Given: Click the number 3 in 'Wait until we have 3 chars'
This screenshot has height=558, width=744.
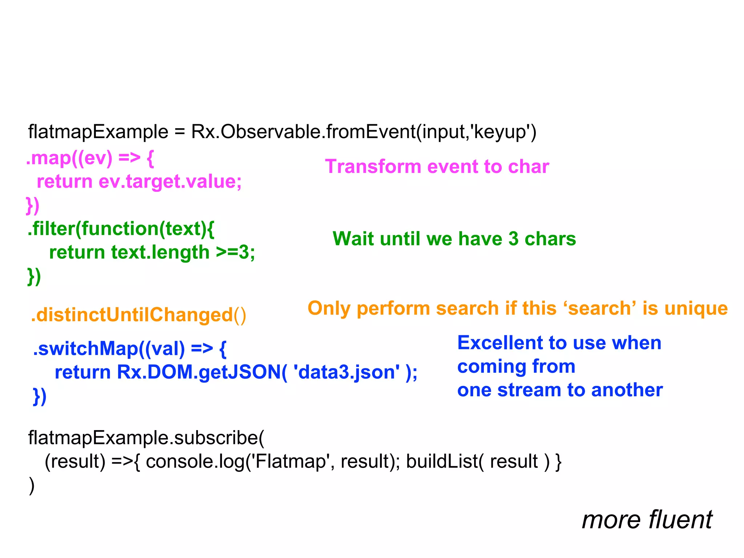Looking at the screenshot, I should [x=513, y=239].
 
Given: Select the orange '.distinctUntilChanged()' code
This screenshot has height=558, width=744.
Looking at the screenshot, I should [x=138, y=315].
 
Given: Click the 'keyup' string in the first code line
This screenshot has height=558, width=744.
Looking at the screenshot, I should [x=501, y=132].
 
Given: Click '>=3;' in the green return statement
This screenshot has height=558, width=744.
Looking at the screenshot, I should [x=235, y=252].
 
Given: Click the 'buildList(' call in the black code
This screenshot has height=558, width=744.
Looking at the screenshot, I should [x=445, y=461].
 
